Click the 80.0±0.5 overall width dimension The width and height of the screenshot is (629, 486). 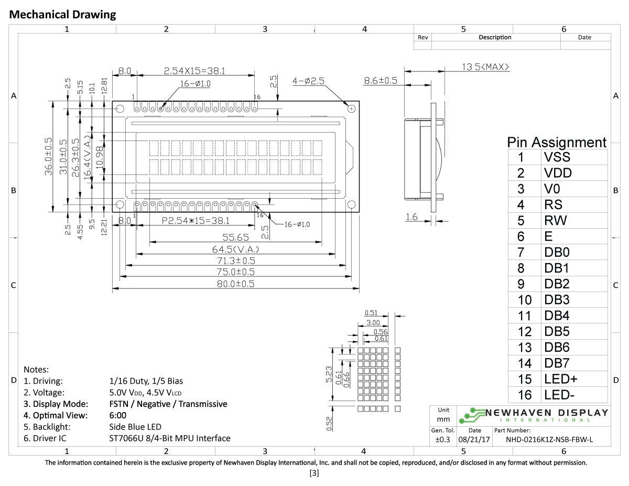[x=235, y=284]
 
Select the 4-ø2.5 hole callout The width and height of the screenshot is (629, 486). [x=309, y=81]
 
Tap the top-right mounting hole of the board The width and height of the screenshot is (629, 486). [x=351, y=109]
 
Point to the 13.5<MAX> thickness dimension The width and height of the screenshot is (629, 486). [x=485, y=67]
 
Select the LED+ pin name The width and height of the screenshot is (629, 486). [x=560, y=379]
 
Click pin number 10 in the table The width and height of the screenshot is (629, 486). [x=524, y=300]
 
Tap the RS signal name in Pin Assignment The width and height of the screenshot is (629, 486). [x=555, y=204]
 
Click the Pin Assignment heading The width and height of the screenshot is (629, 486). [x=556, y=142]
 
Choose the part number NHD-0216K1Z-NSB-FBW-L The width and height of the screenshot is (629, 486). [x=549, y=440]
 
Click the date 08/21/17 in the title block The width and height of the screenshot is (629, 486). [x=474, y=440]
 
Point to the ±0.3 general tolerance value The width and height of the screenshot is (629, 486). [x=442, y=440]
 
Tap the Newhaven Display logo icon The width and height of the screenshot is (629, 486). [x=471, y=415]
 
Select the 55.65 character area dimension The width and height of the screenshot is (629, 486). [x=235, y=237]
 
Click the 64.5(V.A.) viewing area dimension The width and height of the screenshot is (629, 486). [x=235, y=249]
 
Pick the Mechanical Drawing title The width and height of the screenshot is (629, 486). [x=63, y=15]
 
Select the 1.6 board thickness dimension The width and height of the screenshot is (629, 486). [x=412, y=217]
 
